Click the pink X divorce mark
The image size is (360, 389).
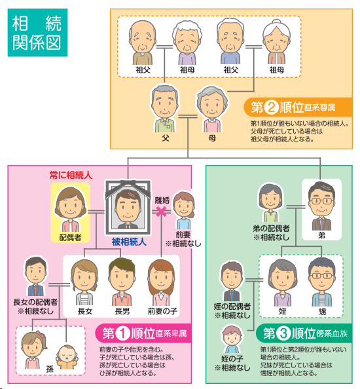(161, 212)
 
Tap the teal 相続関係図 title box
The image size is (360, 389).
(37, 33)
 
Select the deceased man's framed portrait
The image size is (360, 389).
(128, 208)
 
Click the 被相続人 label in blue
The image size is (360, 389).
(129, 242)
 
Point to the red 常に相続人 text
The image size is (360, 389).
(71, 175)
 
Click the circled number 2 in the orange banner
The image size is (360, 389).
(271, 107)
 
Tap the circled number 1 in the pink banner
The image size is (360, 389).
(123, 333)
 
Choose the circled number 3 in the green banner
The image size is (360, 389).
(283, 333)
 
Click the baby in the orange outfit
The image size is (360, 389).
(67, 357)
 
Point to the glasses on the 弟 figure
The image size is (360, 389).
(321, 201)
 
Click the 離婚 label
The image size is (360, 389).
(162, 200)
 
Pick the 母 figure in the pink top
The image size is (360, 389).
(212, 109)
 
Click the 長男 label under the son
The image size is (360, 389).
(122, 311)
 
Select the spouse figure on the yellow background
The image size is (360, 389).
(71, 209)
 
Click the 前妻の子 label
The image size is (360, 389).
(162, 311)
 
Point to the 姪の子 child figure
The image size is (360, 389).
(232, 339)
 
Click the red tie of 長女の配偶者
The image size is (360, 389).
(36, 289)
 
